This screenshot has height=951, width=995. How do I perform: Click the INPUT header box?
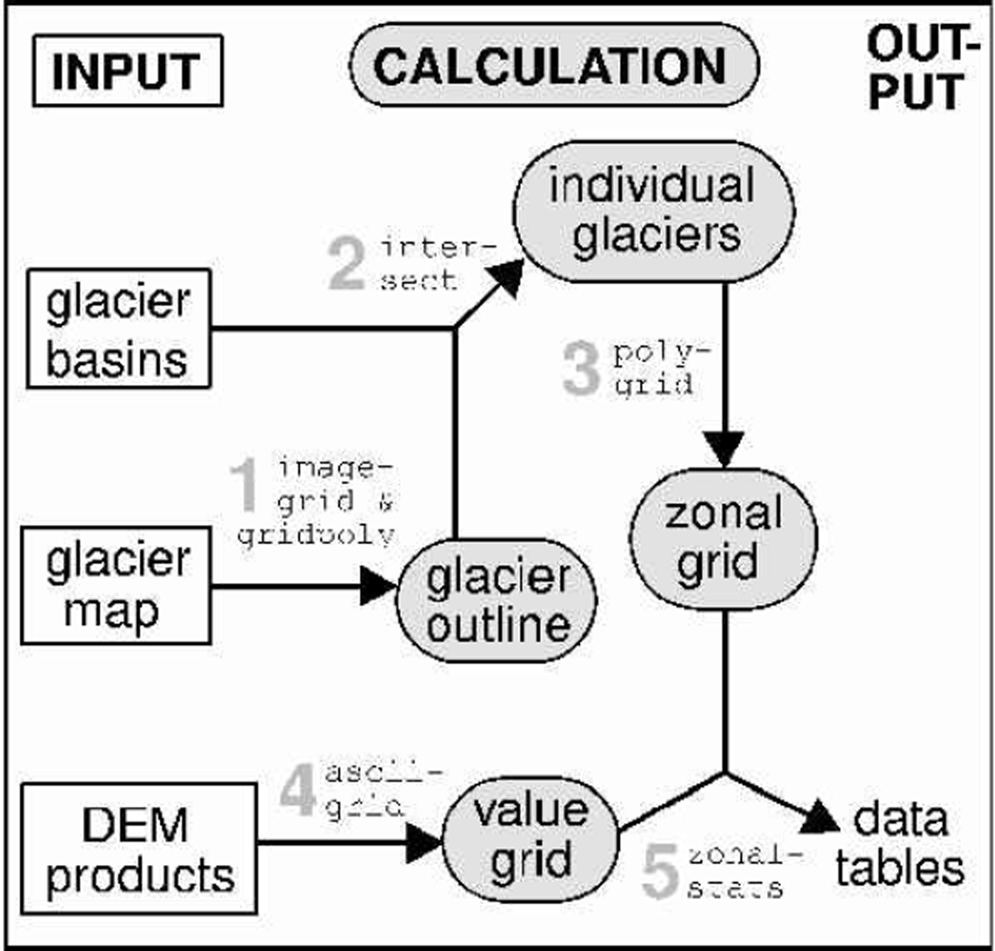point(127,71)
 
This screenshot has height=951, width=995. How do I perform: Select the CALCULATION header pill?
point(554,65)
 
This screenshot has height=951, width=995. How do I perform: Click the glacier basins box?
point(119,329)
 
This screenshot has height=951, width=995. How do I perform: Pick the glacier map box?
point(117,586)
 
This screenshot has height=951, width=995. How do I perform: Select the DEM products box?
point(139,849)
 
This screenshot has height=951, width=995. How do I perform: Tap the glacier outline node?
point(497,601)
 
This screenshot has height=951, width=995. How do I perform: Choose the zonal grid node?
point(724,539)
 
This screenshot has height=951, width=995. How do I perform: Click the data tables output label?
point(900,844)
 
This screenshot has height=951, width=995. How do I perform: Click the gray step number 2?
point(346,265)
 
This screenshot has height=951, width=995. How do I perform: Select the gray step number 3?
point(581,368)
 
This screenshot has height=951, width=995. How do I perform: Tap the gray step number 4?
point(297,791)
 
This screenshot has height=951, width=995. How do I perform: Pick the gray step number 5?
point(660,872)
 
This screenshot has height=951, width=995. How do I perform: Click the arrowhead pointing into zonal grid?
point(725,448)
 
